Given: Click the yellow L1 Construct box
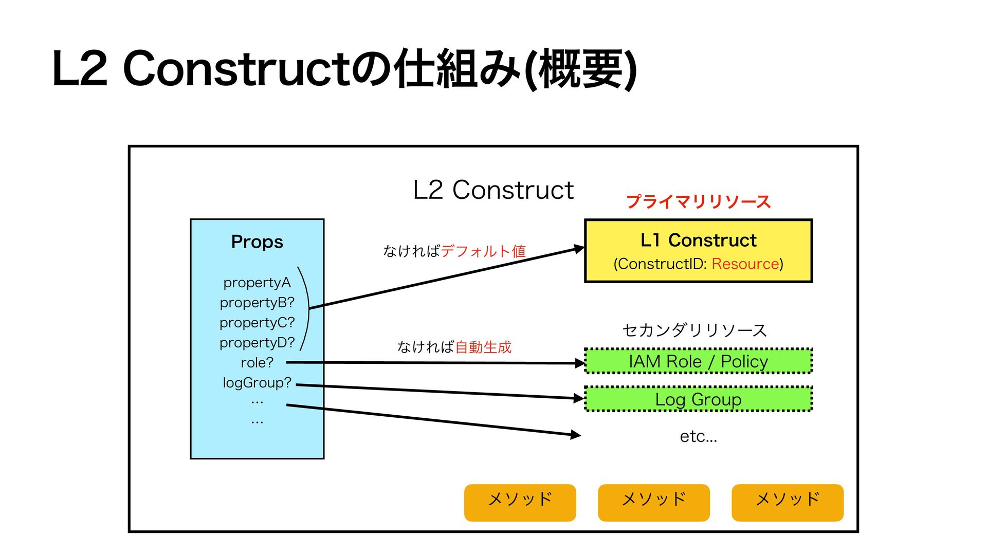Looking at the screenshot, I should (x=698, y=251).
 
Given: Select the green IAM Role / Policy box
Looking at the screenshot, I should (x=698, y=361).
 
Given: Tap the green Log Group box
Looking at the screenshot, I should (x=698, y=399).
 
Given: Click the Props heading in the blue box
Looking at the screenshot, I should (x=257, y=242).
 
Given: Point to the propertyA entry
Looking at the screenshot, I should (x=257, y=282).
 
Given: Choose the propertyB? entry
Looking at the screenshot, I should (x=257, y=302).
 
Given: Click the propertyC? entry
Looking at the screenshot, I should (x=257, y=322).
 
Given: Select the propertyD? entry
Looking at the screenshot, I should (x=257, y=342).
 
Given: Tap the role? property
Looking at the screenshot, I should (x=257, y=362).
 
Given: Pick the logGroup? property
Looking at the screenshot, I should (x=257, y=382).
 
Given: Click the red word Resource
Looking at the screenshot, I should (x=745, y=264).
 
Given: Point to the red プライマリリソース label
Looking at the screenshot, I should (x=698, y=201).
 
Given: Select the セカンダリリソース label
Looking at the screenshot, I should (x=694, y=329).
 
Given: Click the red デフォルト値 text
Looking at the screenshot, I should (x=483, y=251).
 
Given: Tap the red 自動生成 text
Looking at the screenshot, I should (x=483, y=347).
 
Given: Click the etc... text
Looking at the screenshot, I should (x=698, y=436).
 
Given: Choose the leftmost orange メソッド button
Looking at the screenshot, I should (x=520, y=502).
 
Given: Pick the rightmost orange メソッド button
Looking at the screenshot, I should (x=788, y=502).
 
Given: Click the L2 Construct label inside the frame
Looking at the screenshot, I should (x=493, y=190).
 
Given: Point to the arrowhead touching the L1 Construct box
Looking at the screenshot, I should (x=579, y=249).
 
